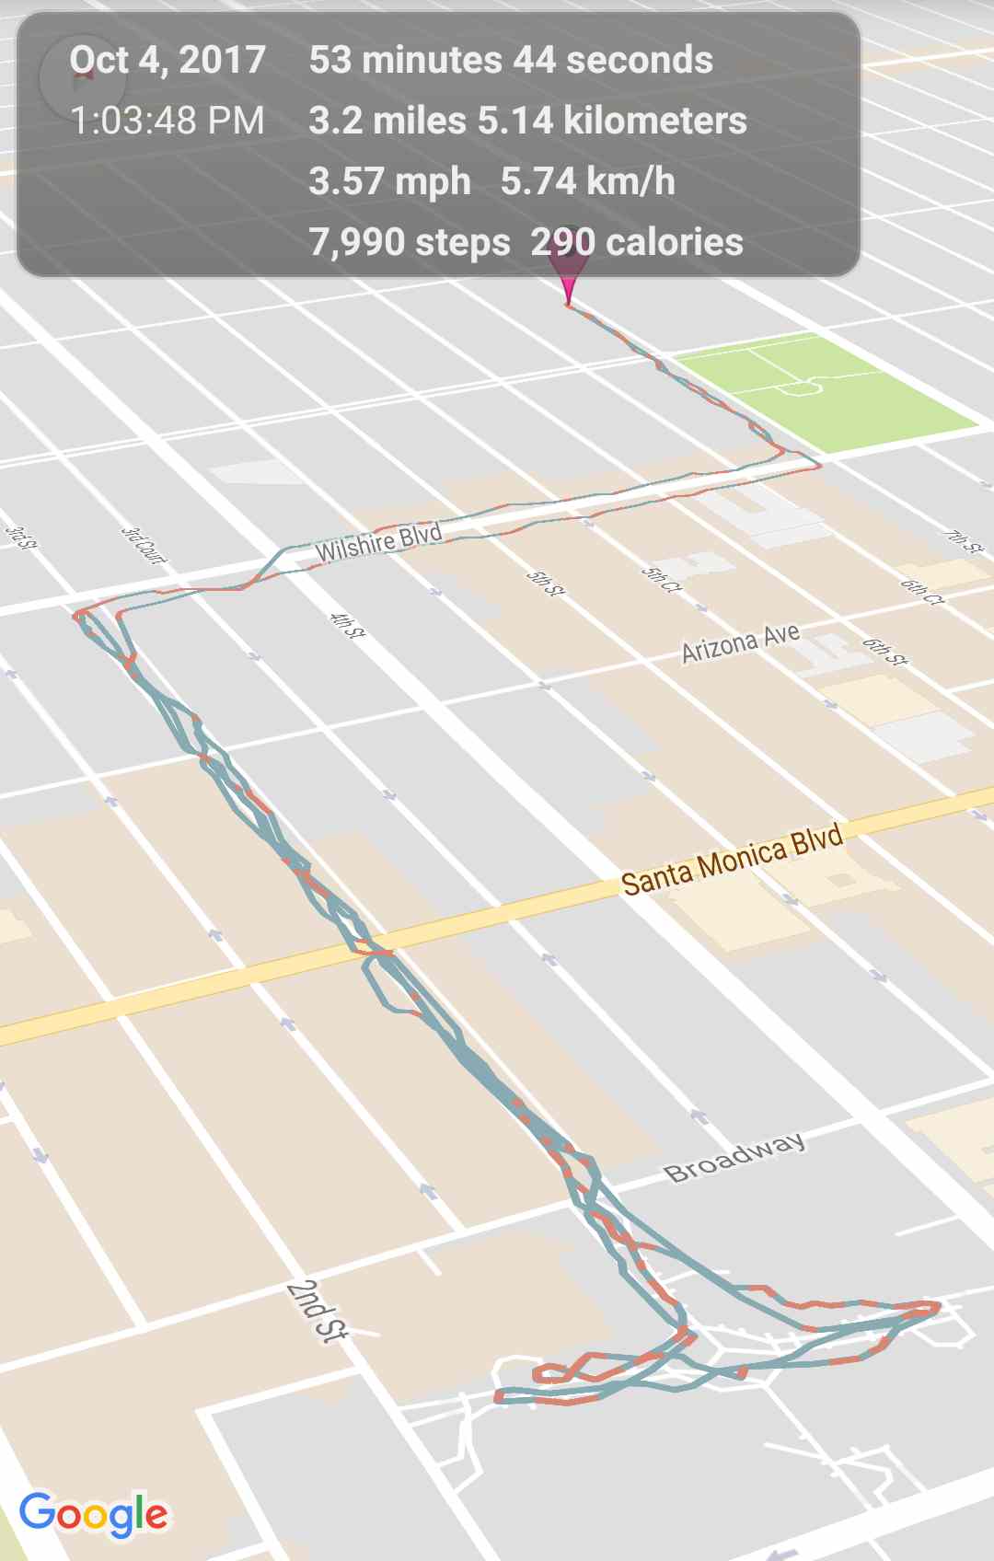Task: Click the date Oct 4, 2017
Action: point(168,61)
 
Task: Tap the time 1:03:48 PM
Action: point(168,121)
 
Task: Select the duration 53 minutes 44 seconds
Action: point(511,61)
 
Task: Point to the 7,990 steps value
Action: point(410,243)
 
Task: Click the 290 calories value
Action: point(637,243)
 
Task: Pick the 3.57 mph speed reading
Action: point(389,182)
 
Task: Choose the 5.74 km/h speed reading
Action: point(587,182)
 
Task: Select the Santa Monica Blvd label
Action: point(732,861)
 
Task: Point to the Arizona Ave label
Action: point(741,642)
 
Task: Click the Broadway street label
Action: point(734,1157)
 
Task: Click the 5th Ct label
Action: point(661,579)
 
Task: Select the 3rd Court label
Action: point(144,545)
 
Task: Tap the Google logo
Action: point(94,1514)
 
